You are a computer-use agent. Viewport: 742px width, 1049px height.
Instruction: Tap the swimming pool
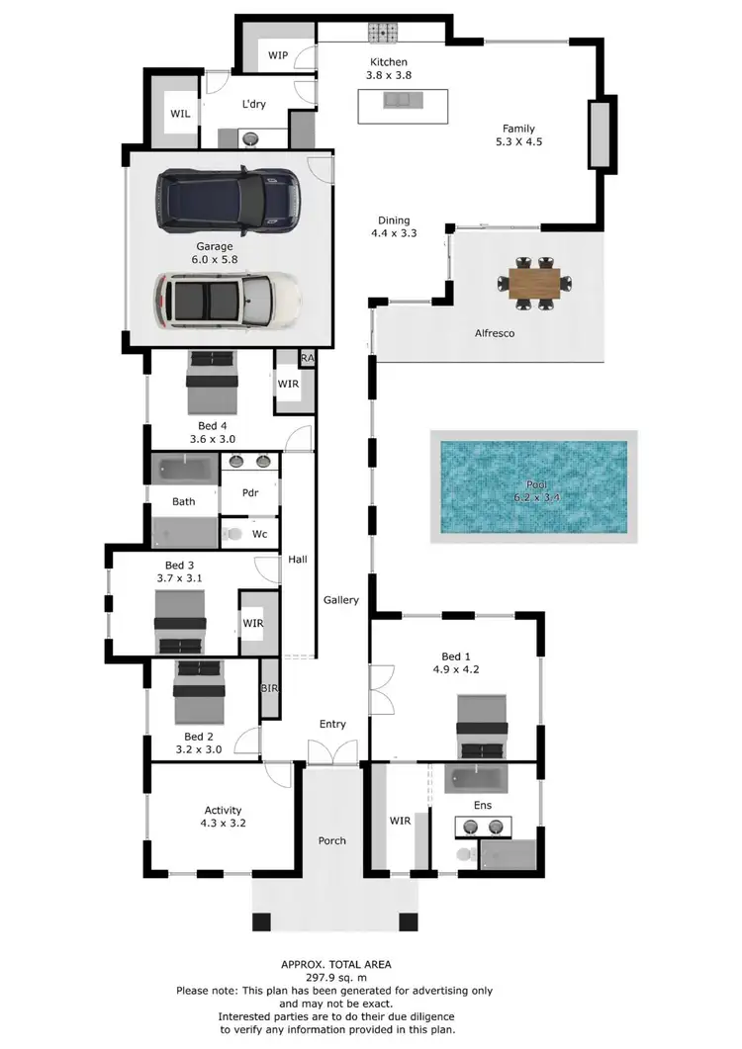(x=533, y=485)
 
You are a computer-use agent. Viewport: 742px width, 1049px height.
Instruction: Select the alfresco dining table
(x=534, y=283)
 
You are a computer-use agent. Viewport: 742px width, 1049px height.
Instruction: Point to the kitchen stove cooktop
(x=382, y=34)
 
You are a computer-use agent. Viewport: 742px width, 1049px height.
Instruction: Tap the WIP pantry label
(x=278, y=55)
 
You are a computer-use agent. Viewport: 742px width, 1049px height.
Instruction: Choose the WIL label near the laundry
(x=180, y=115)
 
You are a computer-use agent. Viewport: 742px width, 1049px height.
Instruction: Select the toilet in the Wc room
(x=233, y=534)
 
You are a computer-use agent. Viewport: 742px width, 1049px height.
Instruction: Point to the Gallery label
(x=341, y=600)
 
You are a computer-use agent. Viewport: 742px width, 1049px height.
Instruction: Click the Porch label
(x=332, y=841)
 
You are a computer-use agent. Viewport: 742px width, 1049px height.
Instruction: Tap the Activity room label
(x=223, y=811)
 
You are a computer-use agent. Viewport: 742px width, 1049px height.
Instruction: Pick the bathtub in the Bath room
(x=183, y=469)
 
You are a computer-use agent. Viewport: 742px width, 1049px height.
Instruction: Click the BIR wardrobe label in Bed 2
(x=267, y=688)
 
